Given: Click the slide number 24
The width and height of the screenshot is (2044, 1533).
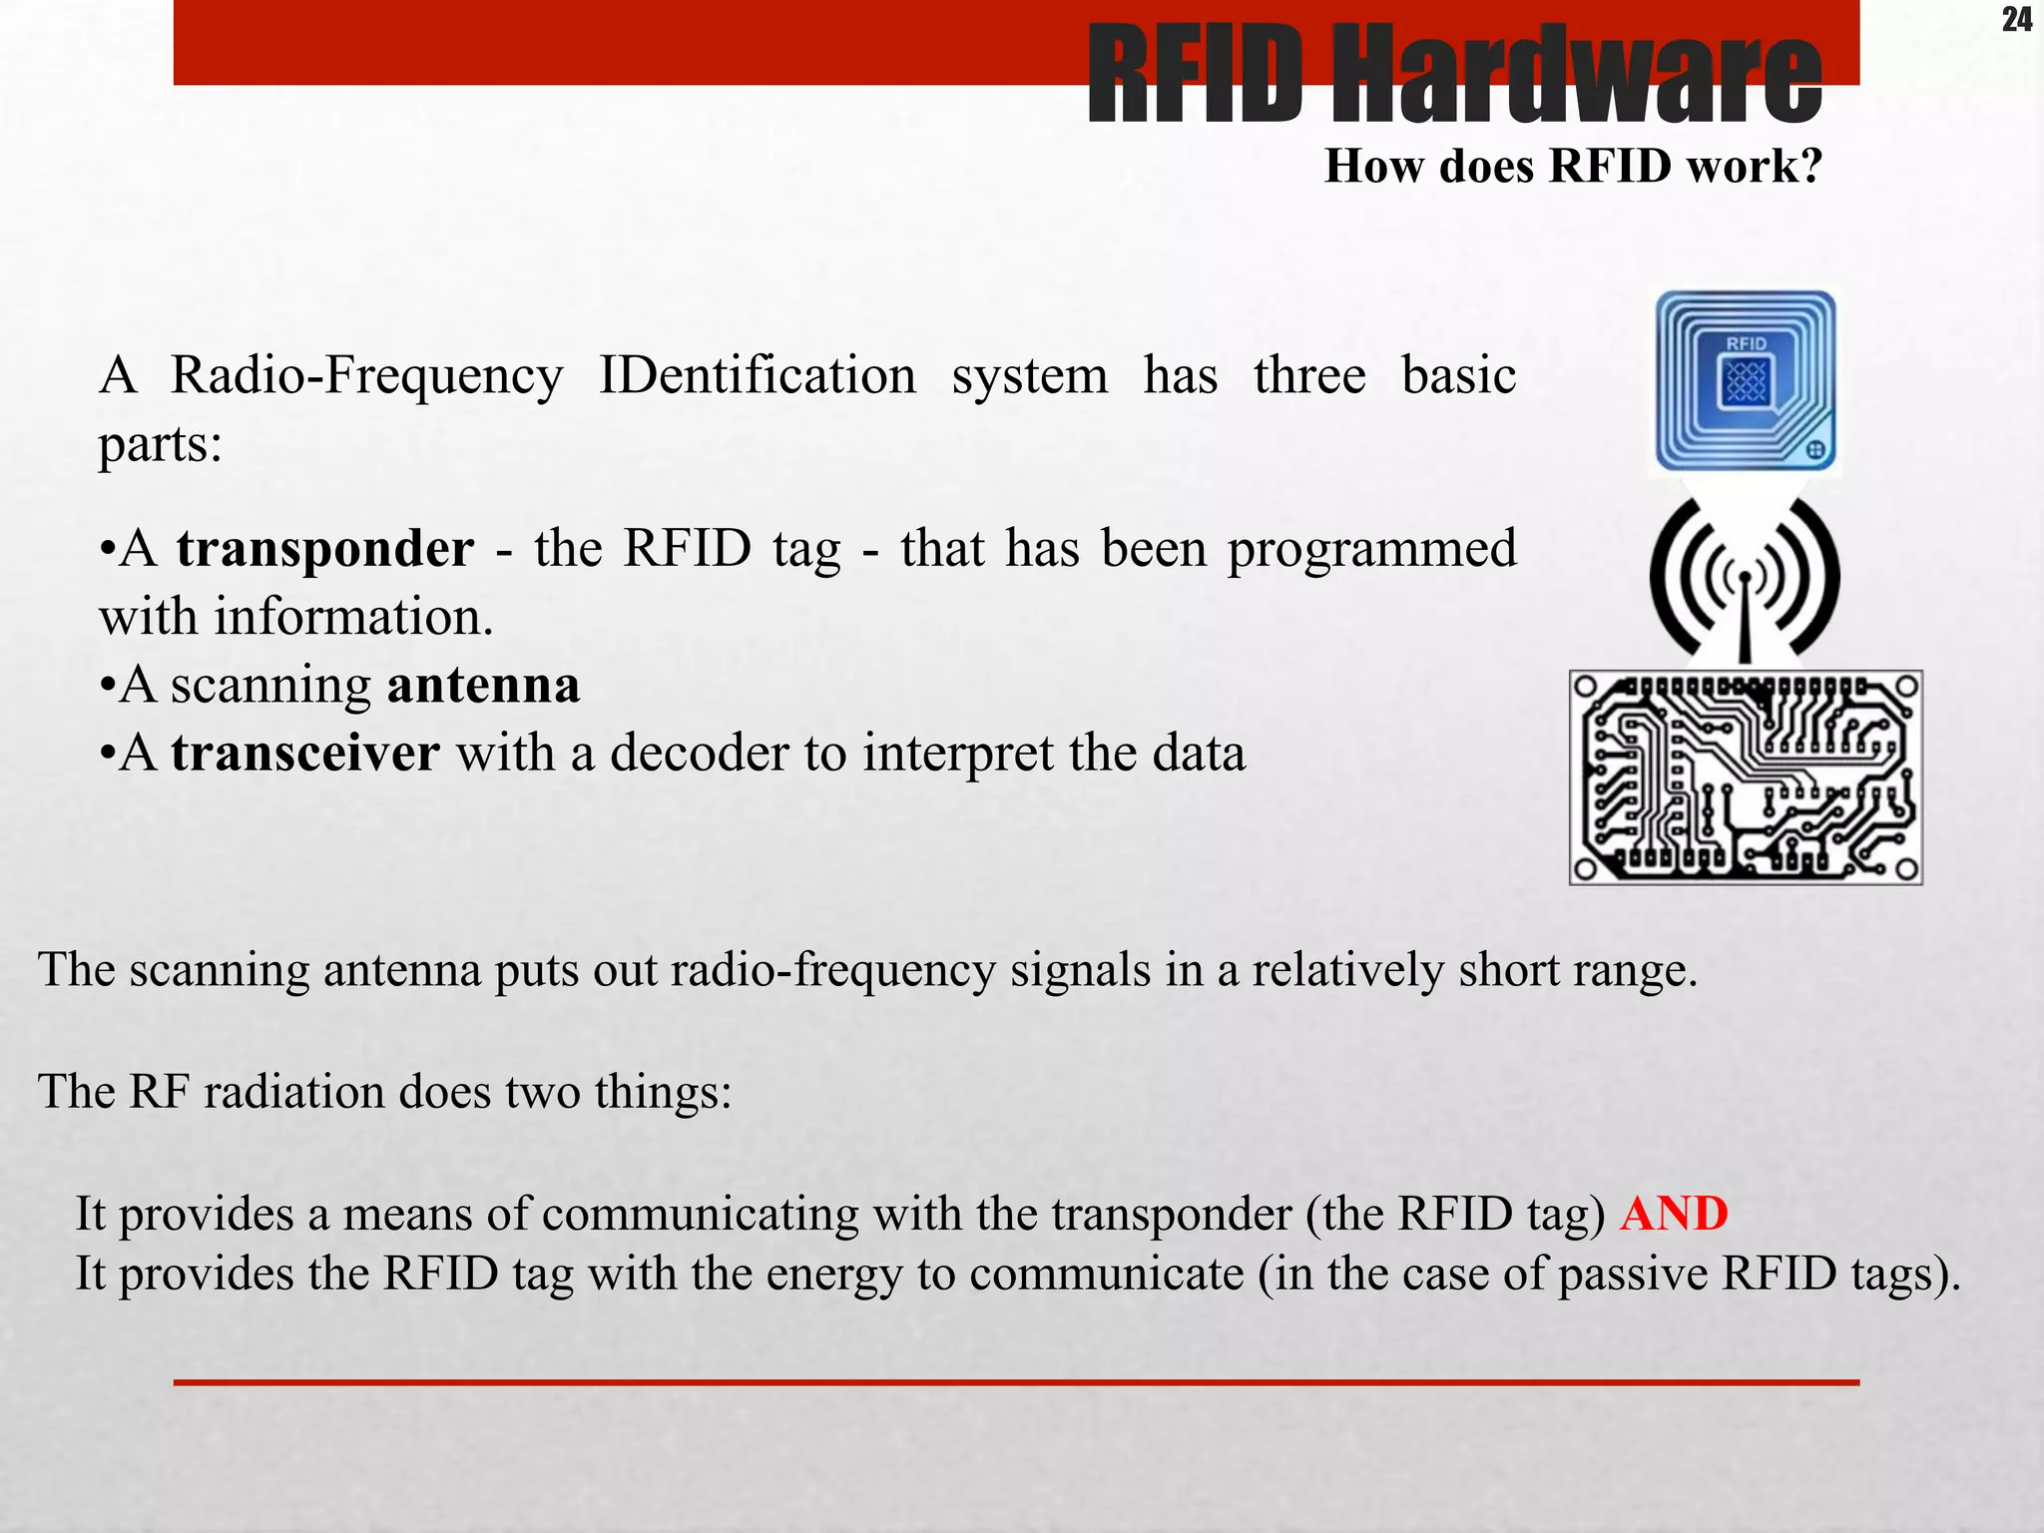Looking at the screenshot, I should [x=2016, y=20].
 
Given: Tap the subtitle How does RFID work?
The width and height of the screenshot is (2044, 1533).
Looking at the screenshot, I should [x=1573, y=166].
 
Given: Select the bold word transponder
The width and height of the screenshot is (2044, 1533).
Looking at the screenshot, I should [x=325, y=549].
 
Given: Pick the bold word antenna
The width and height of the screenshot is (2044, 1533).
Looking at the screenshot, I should [x=483, y=686].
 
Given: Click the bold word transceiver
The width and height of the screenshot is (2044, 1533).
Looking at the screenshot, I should [x=305, y=754].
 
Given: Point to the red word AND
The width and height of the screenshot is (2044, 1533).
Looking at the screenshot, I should [x=1674, y=1215].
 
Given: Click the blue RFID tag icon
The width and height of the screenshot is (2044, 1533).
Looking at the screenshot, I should [x=1746, y=381].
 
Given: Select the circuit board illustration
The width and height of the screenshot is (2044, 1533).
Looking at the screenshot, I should [x=1746, y=777].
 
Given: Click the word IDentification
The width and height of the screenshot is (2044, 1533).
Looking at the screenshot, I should [x=757, y=376].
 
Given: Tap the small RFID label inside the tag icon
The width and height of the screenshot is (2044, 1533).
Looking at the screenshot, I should [x=1746, y=343].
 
